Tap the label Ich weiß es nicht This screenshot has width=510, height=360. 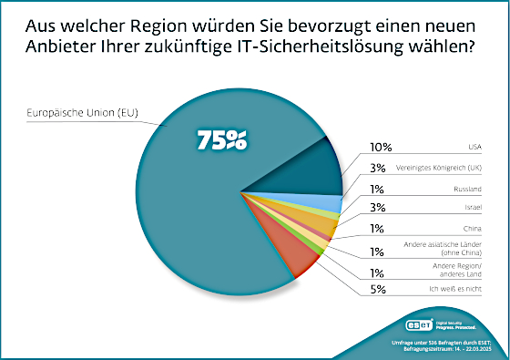(460, 293)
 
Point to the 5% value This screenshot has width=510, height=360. (378, 293)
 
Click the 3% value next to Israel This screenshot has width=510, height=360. (378, 209)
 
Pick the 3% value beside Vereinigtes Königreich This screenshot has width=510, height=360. (378, 167)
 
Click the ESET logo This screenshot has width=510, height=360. (421, 325)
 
